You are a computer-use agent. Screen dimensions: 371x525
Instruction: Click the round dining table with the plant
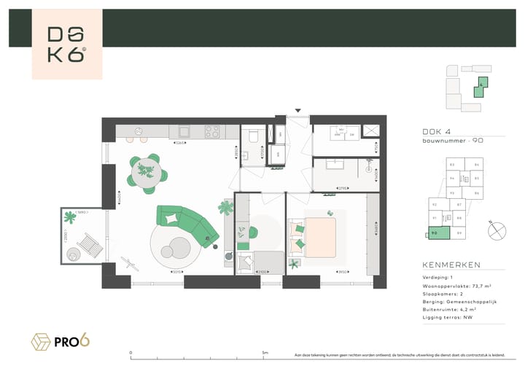click(147, 171)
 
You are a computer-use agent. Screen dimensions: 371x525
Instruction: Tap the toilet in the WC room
click(252, 136)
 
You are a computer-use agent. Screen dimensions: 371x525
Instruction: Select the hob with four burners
click(212, 132)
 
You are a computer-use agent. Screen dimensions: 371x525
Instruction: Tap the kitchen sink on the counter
click(182, 132)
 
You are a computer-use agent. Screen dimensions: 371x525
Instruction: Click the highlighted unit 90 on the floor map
click(435, 233)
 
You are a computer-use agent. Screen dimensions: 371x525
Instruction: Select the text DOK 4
click(435, 132)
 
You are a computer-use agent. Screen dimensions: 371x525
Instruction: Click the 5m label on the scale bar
click(265, 352)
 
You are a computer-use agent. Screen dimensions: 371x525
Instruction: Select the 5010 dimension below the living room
click(176, 272)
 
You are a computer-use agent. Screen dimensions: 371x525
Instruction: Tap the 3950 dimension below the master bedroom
click(341, 272)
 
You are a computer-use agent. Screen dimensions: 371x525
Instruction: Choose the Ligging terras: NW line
click(446, 318)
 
